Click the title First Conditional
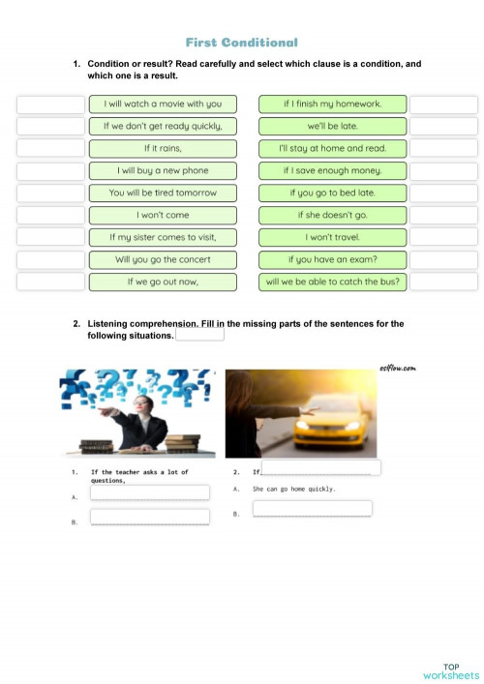[x=241, y=43]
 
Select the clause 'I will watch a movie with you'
[x=163, y=104]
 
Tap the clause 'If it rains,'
[x=163, y=148]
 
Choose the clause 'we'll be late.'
[x=332, y=126]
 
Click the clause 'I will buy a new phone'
[x=163, y=170]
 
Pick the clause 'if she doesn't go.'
[x=332, y=215]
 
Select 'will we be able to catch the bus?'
[x=332, y=282]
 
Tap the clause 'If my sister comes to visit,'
[x=163, y=237]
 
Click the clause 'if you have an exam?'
[x=332, y=259]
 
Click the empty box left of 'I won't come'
[x=50, y=215]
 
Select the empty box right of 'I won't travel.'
[x=443, y=237]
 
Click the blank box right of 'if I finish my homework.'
[x=443, y=104]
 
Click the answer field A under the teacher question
[x=150, y=492]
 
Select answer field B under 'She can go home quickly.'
[x=313, y=509]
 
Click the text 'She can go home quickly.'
[x=294, y=490]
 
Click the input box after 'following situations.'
[x=200, y=334]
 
